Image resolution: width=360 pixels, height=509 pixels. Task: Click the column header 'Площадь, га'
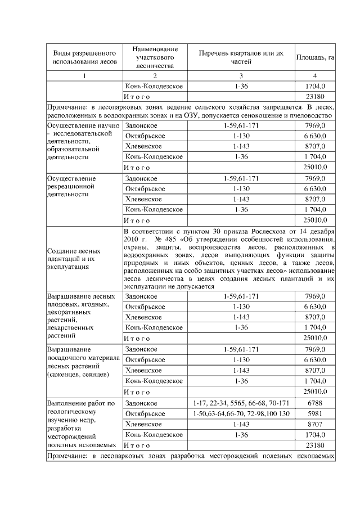315,57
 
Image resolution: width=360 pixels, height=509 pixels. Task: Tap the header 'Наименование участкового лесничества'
155,57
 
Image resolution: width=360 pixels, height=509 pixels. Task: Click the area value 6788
315,403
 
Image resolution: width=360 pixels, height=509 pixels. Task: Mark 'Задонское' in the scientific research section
141,126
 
